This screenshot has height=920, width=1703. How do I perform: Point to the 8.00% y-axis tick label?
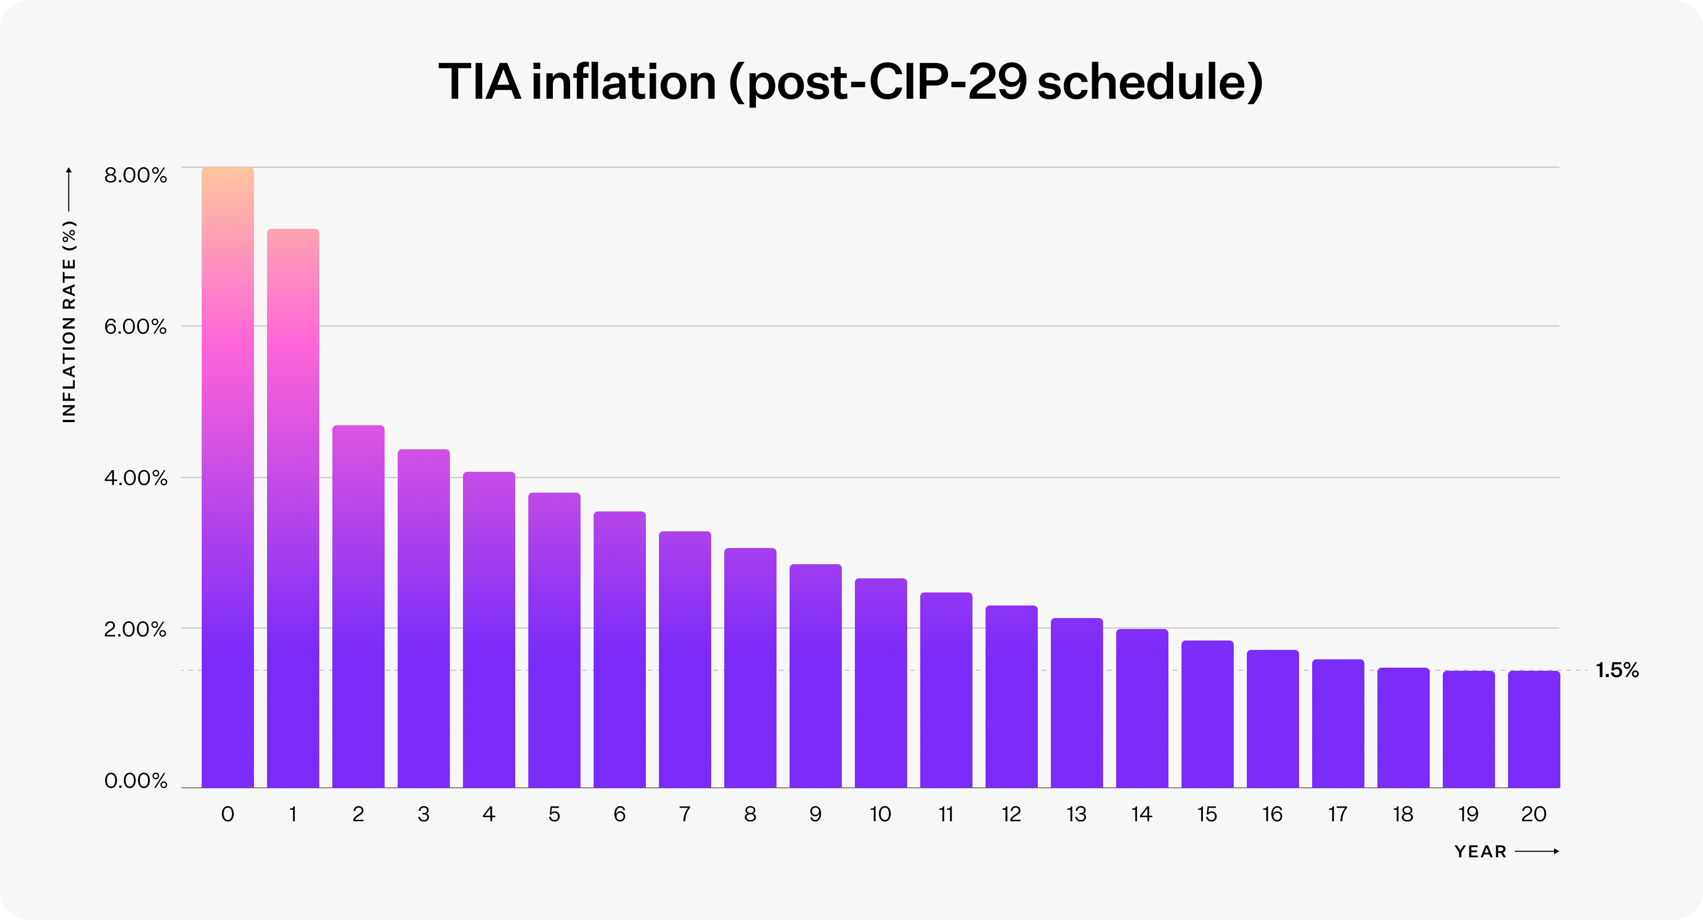point(135,175)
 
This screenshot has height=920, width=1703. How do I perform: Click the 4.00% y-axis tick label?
point(135,478)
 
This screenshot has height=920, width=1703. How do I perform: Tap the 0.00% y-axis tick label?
point(135,781)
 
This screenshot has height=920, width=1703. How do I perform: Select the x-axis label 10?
point(880,814)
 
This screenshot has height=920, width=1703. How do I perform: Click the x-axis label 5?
point(554,814)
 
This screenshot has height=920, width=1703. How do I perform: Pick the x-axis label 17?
point(1337,814)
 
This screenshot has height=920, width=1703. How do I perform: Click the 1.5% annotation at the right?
point(1617,670)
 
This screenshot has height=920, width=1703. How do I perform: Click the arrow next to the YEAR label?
point(1536,851)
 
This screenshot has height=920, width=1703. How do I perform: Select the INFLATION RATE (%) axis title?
point(69,321)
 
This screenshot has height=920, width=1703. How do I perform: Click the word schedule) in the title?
point(1150,82)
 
